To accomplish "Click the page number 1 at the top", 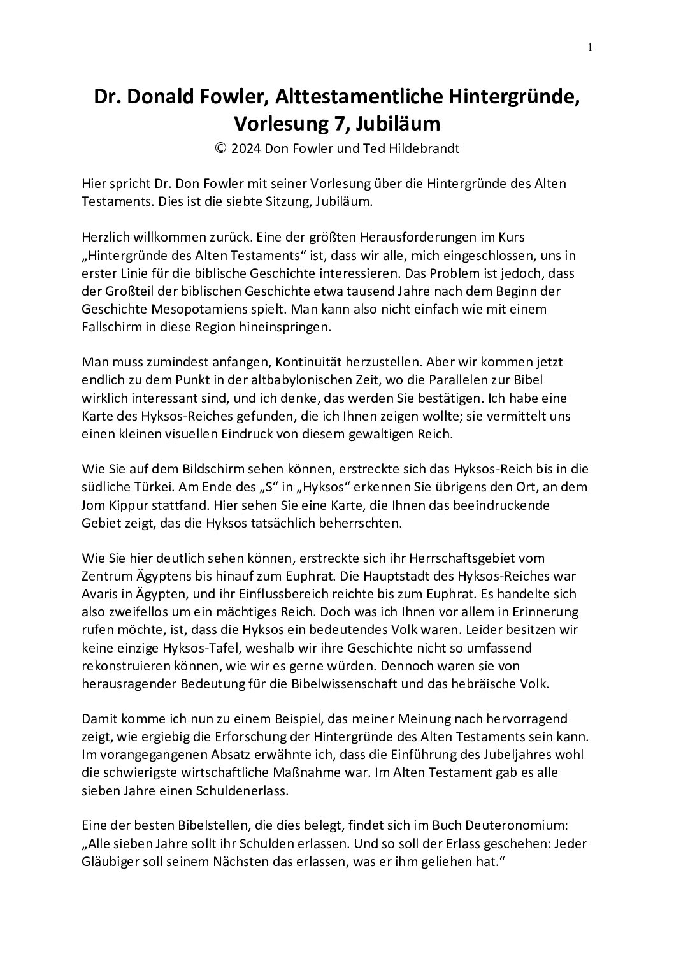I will coord(590,47).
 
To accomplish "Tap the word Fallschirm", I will coord(113,327).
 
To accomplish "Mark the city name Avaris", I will coord(100,594).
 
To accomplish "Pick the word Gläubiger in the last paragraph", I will coord(113,861).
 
